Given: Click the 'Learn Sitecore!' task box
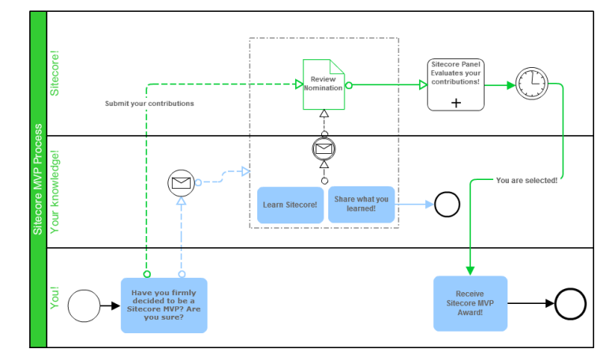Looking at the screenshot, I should click(x=290, y=204).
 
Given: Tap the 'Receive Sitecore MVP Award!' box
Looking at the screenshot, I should click(x=469, y=303).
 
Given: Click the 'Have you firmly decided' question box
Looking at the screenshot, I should click(x=164, y=303).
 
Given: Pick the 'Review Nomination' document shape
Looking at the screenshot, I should click(x=324, y=84).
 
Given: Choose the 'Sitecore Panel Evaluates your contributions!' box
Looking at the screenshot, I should click(x=455, y=83).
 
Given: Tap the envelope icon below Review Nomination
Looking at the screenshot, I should click(x=324, y=148).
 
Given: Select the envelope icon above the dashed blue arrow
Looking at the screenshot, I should click(x=181, y=183).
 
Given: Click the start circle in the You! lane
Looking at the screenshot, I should click(x=83, y=305).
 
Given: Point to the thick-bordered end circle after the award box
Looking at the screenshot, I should click(x=570, y=304).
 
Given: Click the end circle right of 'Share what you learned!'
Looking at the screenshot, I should click(x=447, y=204).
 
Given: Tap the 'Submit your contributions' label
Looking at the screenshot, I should click(x=149, y=103).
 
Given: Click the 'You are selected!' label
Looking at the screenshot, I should click(x=526, y=180).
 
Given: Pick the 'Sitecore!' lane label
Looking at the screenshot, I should click(x=55, y=73).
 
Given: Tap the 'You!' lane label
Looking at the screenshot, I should click(x=55, y=298).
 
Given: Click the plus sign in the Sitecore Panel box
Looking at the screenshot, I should click(x=455, y=103).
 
